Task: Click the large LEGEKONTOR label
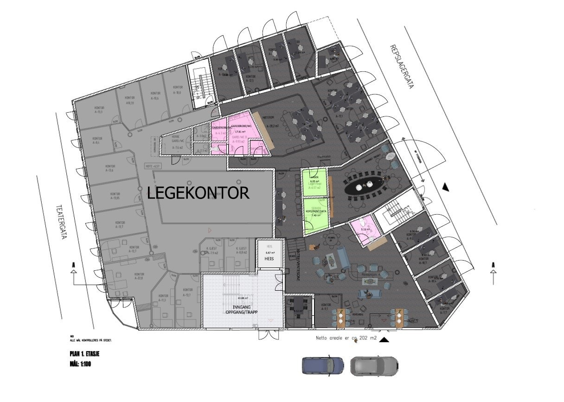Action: (198, 193)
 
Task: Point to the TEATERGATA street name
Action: (60, 222)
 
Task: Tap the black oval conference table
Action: (365, 186)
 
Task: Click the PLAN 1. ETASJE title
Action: (84, 354)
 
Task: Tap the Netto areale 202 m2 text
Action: (346, 338)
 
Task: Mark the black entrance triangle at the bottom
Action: (384, 340)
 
